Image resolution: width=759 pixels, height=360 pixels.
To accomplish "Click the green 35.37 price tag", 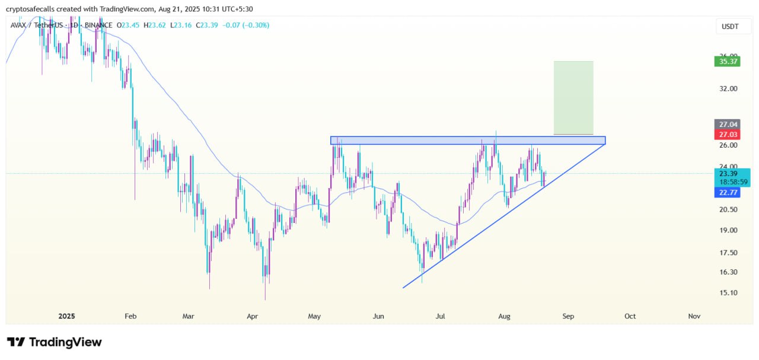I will [727, 60].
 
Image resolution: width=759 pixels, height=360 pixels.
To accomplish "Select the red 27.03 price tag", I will [727, 134].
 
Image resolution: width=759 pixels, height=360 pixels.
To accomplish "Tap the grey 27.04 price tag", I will [727, 125].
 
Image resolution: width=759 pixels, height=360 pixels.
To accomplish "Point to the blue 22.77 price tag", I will [727, 192].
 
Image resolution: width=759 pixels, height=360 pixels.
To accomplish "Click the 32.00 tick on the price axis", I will [728, 88].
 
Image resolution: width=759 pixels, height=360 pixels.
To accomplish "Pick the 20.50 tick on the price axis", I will [728, 209].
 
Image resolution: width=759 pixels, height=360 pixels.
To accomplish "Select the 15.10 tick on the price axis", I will [728, 292].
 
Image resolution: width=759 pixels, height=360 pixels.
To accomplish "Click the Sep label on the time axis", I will [568, 316].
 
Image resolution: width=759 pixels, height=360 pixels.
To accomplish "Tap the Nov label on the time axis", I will [694, 316].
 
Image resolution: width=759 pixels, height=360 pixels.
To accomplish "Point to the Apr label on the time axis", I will [252, 316].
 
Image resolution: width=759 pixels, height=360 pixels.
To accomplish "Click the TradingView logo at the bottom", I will [55, 342].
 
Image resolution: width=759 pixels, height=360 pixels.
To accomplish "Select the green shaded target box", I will [573, 97].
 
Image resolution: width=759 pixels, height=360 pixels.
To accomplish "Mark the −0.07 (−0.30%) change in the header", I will [245, 25].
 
